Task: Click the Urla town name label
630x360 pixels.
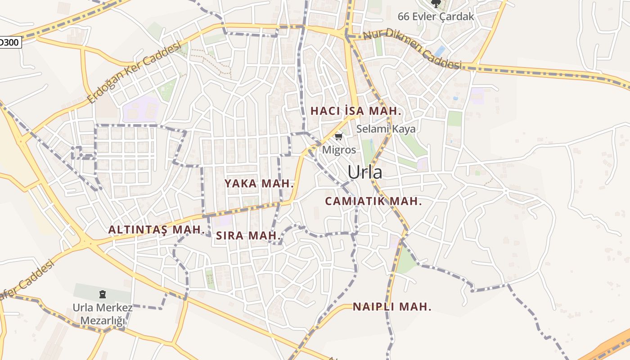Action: (364, 172)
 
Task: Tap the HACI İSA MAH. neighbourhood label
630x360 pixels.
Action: (355, 111)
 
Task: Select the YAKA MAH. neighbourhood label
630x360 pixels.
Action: (259, 184)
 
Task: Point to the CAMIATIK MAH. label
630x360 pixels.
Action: (373, 201)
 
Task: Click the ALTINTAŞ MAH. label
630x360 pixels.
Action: (157, 229)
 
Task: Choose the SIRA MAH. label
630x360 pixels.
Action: (248, 235)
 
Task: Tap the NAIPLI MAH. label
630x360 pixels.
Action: (392, 307)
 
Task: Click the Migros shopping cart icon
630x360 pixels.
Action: (339, 136)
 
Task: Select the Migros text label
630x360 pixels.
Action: (339, 150)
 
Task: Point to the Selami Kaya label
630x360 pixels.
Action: (386, 129)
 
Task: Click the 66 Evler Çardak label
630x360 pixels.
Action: (436, 17)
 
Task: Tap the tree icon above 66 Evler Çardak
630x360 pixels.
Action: (436, 4)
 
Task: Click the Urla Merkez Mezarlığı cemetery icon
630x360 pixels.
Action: (103, 295)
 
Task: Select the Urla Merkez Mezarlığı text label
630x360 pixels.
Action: (103, 315)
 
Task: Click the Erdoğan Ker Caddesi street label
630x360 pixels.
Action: (134, 72)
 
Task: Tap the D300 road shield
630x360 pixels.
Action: (9, 42)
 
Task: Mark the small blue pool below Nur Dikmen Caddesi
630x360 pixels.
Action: (440, 51)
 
